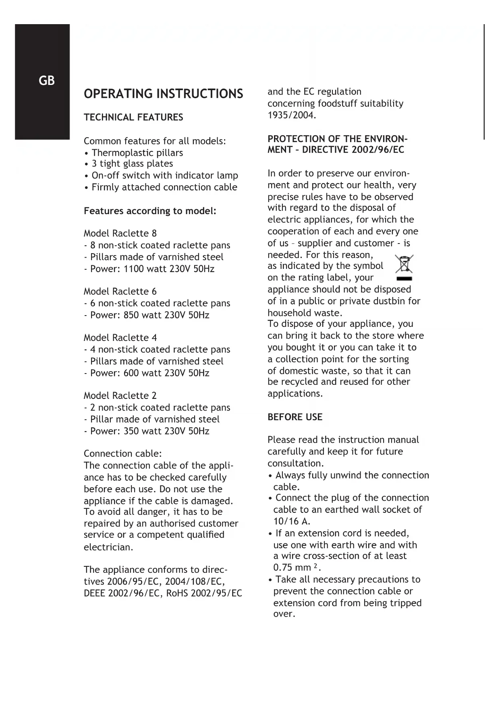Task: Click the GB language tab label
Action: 46,81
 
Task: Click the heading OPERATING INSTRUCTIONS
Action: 163,94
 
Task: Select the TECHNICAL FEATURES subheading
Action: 133,118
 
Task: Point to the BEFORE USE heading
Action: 295,417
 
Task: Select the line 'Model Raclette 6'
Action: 120,291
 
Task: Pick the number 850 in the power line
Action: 131,315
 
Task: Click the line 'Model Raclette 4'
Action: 120,338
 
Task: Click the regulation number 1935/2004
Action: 292,115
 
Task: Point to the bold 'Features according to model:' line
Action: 150,211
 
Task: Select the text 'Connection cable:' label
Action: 122,454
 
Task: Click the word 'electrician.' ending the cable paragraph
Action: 108,547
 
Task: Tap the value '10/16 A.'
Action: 292,521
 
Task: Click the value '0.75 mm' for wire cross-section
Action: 292,568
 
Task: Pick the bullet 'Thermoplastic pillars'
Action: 137,153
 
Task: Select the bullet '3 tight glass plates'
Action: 132,164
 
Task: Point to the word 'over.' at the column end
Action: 284,614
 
